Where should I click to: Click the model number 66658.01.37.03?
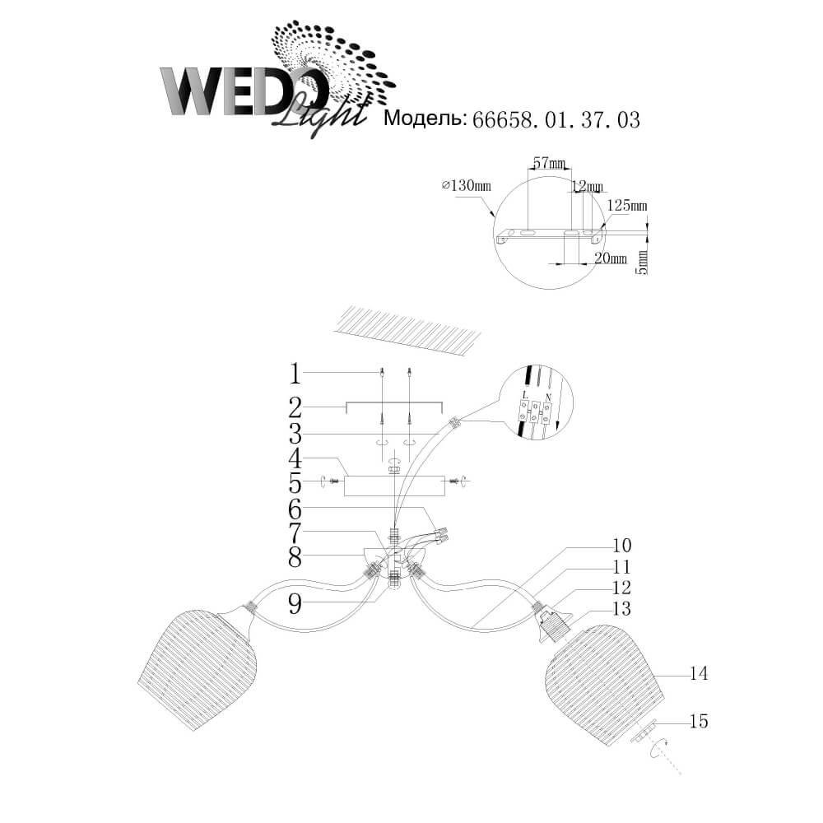556,120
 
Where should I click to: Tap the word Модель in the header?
425,119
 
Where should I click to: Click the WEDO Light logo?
278,79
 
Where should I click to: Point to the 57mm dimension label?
549,163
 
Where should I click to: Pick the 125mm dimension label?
627,205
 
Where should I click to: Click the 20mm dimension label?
611,258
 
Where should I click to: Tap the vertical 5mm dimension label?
643,262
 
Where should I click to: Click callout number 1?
295,374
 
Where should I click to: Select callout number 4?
295,458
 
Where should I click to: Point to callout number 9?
295,603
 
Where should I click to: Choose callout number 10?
622,546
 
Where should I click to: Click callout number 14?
699,673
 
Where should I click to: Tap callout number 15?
699,721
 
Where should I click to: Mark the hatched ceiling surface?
407,331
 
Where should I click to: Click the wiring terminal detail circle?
536,402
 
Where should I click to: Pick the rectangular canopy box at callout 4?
394,486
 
